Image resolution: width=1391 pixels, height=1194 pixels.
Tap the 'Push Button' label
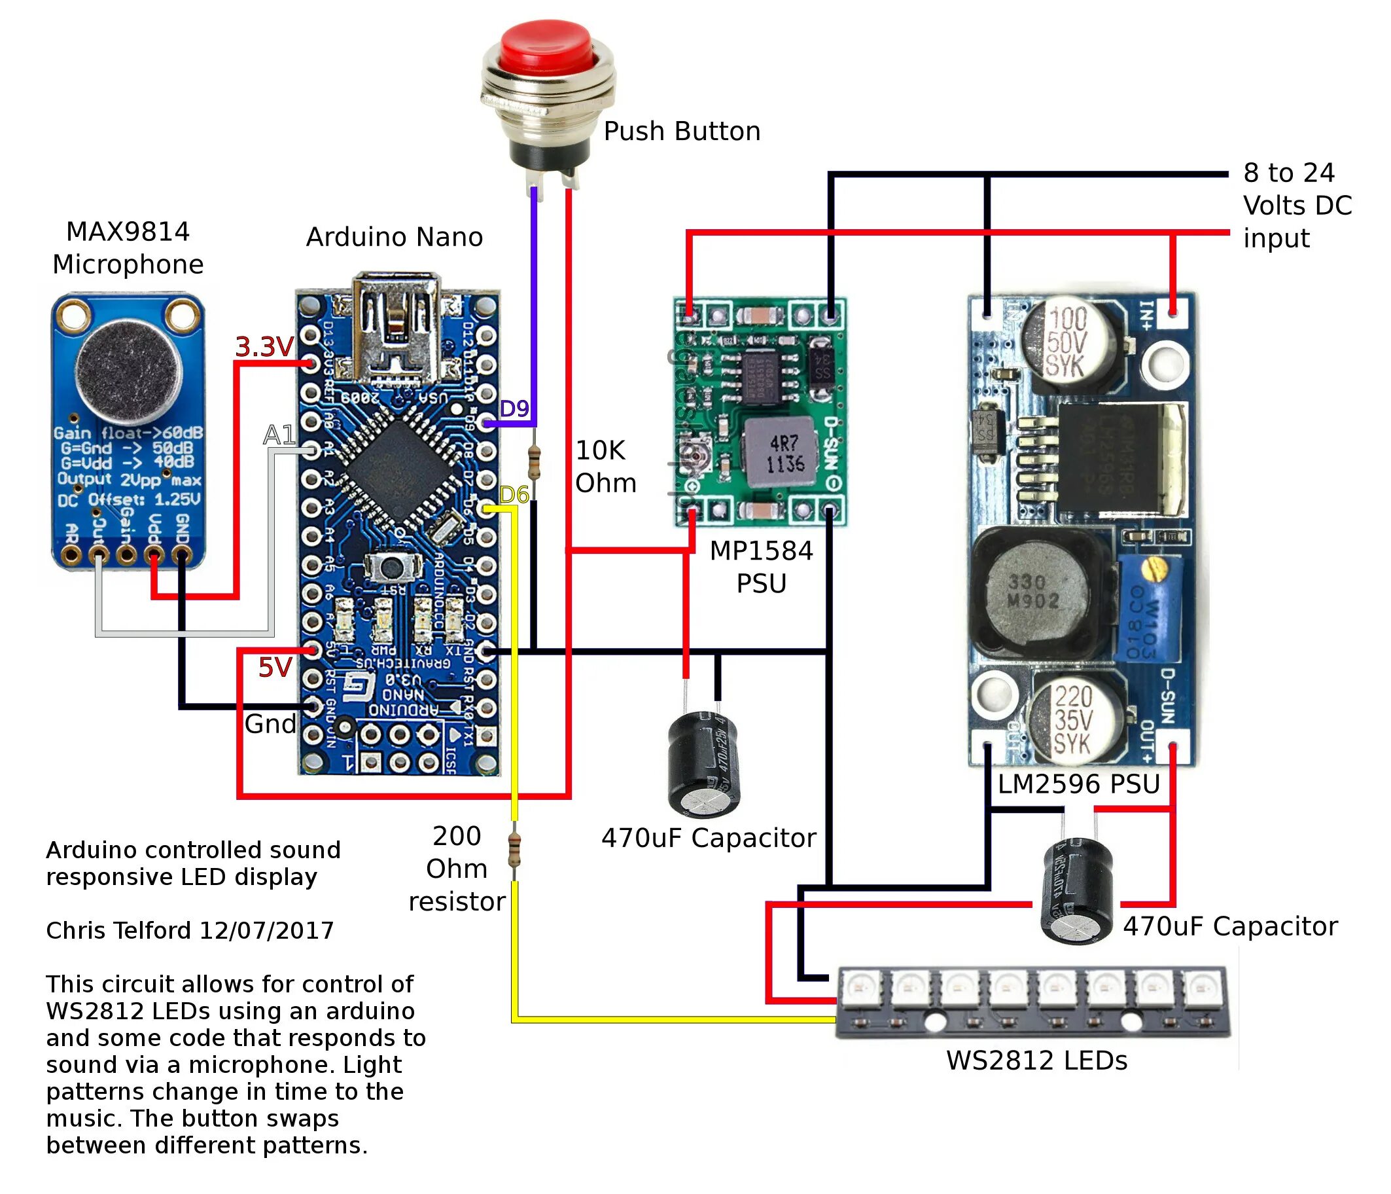pyautogui.click(x=681, y=132)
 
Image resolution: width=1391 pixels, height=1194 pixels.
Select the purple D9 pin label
pyautogui.click(x=514, y=408)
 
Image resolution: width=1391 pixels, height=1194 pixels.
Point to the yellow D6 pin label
pyautogui.click(x=514, y=495)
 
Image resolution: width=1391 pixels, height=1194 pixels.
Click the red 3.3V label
pyautogui.click(x=264, y=347)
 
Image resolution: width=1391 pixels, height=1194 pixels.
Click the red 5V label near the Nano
pyautogui.click(x=275, y=668)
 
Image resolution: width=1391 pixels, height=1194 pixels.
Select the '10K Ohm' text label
pyautogui.click(x=605, y=467)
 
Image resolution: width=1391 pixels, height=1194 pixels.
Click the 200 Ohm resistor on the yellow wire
pyautogui.click(x=515, y=849)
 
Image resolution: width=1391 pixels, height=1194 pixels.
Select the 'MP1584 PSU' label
pyautogui.click(x=761, y=568)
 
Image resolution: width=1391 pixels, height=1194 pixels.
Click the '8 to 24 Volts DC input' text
pyautogui.click(x=1295, y=206)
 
